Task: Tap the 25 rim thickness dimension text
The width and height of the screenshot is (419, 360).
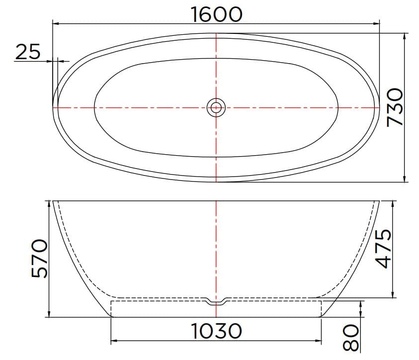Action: coord(27,52)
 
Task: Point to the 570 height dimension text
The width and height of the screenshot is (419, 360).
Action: coord(39,258)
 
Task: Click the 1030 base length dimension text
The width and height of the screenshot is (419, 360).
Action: coord(217,330)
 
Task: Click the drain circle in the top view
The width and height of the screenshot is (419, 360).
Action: coord(216,107)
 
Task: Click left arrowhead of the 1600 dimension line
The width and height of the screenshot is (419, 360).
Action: coord(56,23)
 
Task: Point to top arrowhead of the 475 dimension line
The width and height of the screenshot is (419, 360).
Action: coord(393,203)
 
